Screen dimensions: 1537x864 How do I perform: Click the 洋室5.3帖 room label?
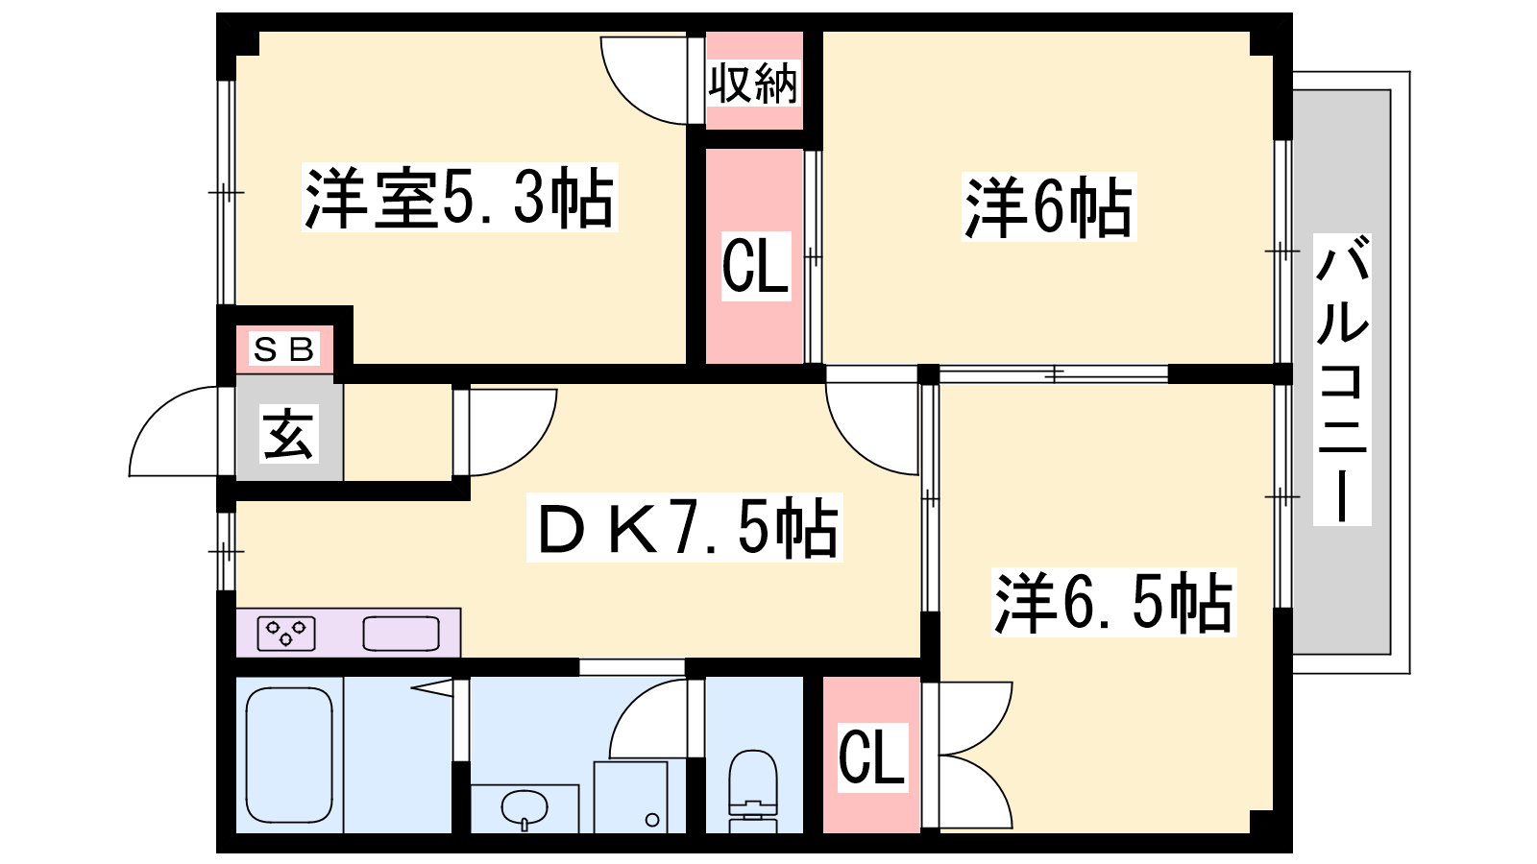pos(460,198)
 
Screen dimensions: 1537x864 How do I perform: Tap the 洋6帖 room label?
pos(1048,207)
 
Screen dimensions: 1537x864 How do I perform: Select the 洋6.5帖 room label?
pos(1113,602)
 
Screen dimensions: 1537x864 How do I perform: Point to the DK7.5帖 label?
pos(684,528)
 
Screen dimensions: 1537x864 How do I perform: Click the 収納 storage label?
pos(754,84)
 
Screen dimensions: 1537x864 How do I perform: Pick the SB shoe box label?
pos(284,349)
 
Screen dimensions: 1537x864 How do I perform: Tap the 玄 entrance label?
pos(289,433)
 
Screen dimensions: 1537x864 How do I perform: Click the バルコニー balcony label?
pos(1342,379)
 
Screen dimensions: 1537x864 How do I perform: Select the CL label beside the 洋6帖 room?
pos(755,266)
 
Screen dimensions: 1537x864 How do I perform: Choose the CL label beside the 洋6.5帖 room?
pos(872,757)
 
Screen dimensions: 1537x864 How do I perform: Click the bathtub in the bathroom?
pos(289,755)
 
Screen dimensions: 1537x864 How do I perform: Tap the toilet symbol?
pos(753,791)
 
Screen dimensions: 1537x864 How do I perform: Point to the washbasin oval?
pos(525,807)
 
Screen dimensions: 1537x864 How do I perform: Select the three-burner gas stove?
pos(286,633)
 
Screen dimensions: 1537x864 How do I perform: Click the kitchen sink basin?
pos(401,633)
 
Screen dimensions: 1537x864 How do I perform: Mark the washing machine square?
pos(630,797)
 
